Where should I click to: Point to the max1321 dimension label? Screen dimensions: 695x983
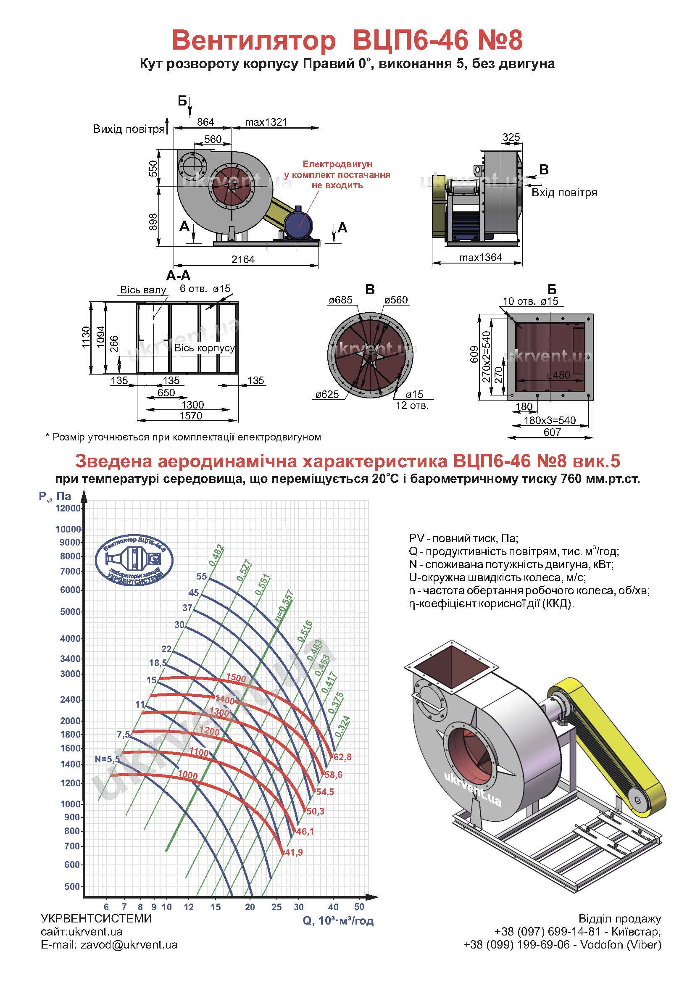point(266,122)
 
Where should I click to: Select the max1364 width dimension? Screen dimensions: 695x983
point(481,257)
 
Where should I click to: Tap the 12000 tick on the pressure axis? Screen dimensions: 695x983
point(68,508)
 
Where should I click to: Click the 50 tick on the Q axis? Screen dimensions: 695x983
point(359,907)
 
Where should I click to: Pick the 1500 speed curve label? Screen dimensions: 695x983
point(236,678)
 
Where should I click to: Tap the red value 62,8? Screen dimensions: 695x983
point(342,757)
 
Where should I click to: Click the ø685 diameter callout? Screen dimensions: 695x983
point(341,300)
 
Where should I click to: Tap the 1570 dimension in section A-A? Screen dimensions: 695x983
point(191,415)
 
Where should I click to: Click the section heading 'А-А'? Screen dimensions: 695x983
point(178,276)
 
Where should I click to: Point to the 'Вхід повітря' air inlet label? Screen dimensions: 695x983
point(564,192)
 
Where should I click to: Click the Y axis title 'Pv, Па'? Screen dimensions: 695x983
point(55,496)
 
